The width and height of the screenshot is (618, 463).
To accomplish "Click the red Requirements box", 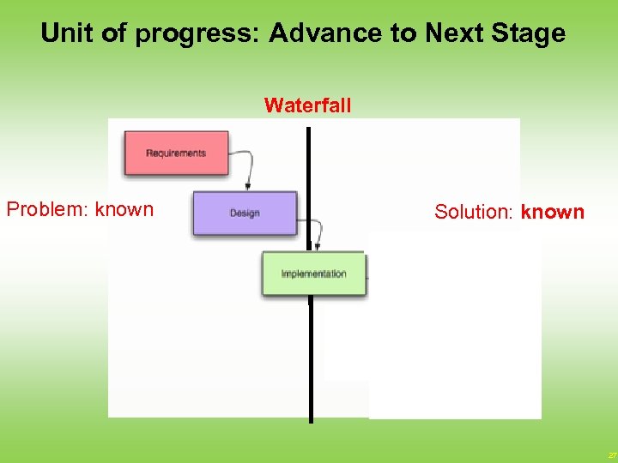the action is pyautogui.click(x=176, y=153).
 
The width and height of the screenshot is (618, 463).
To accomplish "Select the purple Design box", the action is pyautogui.click(x=245, y=213).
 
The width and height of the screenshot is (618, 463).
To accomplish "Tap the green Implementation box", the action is pyautogui.click(x=314, y=274).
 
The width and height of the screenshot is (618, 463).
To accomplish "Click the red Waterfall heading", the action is pyautogui.click(x=307, y=105).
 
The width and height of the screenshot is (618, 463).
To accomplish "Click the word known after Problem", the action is pyautogui.click(x=124, y=209).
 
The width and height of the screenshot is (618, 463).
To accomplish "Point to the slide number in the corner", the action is pyautogui.click(x=611, y=455).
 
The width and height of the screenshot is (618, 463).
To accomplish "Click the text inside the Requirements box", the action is pyautogui.click(x=176, y=153).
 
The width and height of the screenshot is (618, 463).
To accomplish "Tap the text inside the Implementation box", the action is pyautogui.click(x=314, y=274).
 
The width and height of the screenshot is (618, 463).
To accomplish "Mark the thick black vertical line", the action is pyautogui.click(x=310, y=360).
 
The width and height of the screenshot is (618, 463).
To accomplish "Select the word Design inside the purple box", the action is pyautogui.click(x=245, y=213).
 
